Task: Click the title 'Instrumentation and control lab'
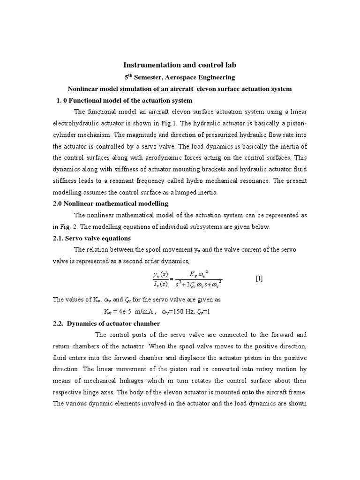tap(180, 65)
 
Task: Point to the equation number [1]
tap(259, 278)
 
